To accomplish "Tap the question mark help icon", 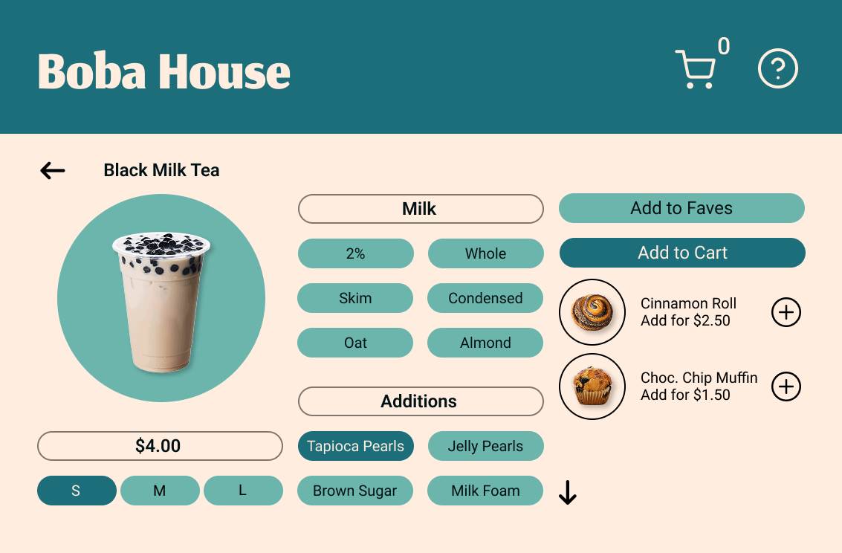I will pyautogui.click(x=777, y=69).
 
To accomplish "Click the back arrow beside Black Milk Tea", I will pyautogui.click(x=53, y=171).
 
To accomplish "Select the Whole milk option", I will pyautogui.click(x=485, y=253).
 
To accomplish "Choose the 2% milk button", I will pyautogui.click(x=355, y=253).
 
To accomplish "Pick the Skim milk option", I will pyautogui.click(x=355, y=298).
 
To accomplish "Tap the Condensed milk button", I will pyautogui.click(x=485, y=298).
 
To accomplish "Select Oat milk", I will pyautogui.click(x=355, y=343).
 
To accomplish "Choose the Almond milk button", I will pyautogui.click(x=485, y=343).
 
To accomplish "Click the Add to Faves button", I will pyautogui.click(x=681, y=208).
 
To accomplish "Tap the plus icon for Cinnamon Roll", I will pyautogui.click(x=786, y=312).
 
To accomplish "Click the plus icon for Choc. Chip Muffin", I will pyautogui.click(x=786, y=387).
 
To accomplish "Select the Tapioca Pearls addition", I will pyautogui.click(x=355, y=446).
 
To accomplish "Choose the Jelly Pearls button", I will pyautogui.click(x=485, y=446).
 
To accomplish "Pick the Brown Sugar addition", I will pyautogui.click(x=355, y=491).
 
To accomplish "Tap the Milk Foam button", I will pyautogui.click(x=485, y=491).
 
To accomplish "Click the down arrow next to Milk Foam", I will pyautogui.click(x=568, y=492).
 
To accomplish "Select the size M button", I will pyautogui.click(x=160, y=491).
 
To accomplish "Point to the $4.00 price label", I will pyautogui.click(x=160, y=446).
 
